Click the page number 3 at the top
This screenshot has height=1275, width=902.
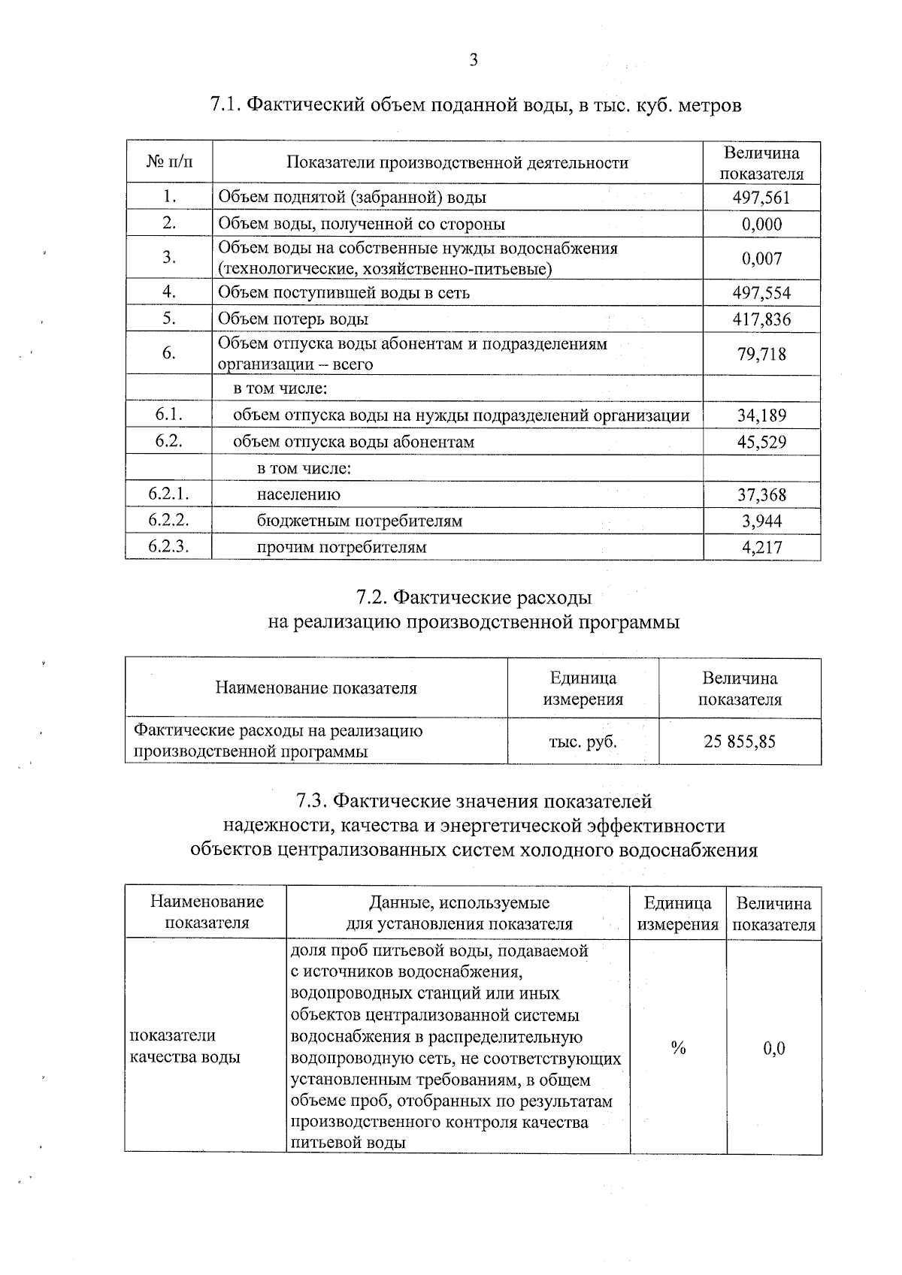[473, 61]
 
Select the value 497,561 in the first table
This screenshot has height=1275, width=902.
[761, 198]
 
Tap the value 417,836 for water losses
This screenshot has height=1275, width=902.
[761, 319]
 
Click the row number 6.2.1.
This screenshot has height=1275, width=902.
[168, 494]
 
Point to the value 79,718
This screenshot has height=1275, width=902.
[761, 354]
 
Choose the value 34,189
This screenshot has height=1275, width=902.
[761, 415]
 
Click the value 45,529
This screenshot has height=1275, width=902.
[761, 442]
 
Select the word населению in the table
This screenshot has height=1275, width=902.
[298, 494]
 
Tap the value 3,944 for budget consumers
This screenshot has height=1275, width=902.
[761, 521]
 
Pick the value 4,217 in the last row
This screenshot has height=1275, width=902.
[761, 548]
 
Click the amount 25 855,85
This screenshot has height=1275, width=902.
[740, 742]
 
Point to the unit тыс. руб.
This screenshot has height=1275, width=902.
[583, 742]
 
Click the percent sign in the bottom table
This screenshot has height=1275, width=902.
[678, 1048]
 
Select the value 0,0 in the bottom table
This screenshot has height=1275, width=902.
[773, 1048]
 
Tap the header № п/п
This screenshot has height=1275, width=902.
[168, 162]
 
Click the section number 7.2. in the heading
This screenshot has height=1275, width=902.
[371, 597]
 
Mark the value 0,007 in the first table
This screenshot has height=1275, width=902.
[761, 258]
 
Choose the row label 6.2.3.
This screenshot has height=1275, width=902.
[168, 546]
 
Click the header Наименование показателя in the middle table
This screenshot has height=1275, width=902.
[316, 688]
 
